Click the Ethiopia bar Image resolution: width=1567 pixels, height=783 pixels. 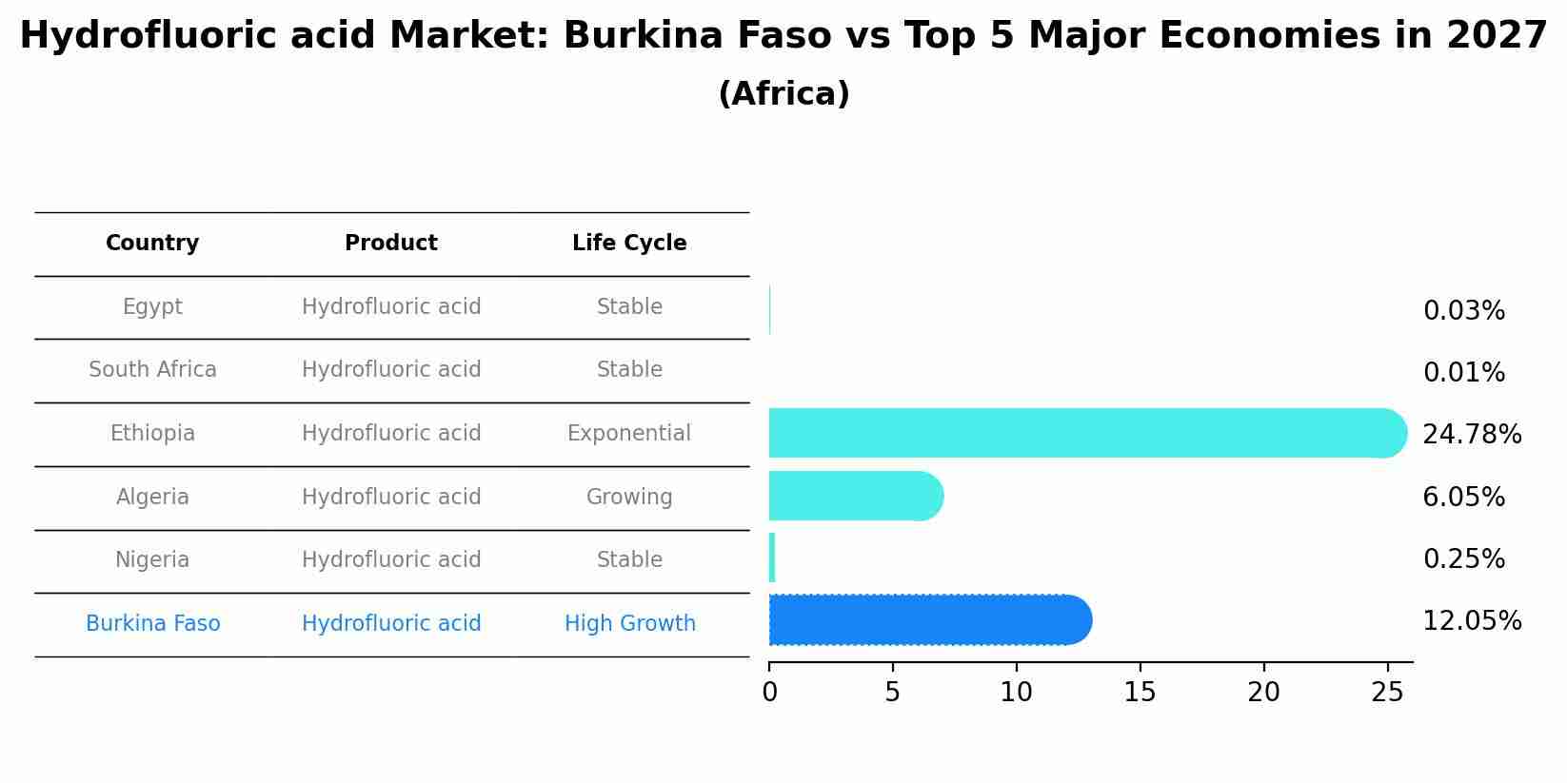(1085, 433)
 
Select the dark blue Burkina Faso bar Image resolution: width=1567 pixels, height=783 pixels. (928, 620)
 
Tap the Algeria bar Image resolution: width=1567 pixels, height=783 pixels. (855, 496)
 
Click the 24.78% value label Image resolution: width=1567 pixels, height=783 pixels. (1471, 435)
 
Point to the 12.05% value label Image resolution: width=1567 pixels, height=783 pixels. (1471, 621)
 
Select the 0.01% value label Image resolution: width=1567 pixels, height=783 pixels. (1463, 373)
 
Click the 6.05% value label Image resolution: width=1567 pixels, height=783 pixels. (1463, 498)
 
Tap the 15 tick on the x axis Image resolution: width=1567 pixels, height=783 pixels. (1140, 693)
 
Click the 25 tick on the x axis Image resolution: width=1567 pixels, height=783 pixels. (1387, 693)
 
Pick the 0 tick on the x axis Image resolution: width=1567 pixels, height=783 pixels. (769, 693)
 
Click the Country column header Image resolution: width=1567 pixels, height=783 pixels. (152, 244)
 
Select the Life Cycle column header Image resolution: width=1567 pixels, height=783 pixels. (629, 244)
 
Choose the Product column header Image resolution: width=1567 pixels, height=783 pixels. (391, 244)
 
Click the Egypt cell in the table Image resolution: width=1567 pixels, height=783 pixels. (152, 307)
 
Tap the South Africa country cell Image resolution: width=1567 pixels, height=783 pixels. (152, 370)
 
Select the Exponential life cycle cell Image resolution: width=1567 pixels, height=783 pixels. (629, 434)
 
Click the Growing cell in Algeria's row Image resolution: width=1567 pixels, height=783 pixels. (629, 498)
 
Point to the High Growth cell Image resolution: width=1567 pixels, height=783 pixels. (629, 624)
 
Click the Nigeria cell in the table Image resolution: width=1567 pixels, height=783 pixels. (152, 560)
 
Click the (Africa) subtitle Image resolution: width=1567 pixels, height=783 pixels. (783, 94)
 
